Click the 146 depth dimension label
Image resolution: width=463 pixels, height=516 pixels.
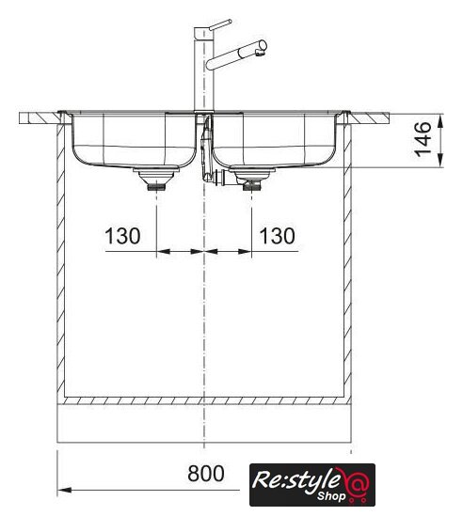click(423, 139)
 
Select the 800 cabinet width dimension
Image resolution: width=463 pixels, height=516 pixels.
click(206, 474)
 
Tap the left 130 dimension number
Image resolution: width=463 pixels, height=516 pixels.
click(122, 236)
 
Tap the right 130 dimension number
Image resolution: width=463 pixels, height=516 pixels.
click(277, 236)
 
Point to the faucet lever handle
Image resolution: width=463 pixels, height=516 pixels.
click(220, 25)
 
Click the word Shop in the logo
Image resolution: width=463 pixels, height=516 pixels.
click(331, 495)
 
